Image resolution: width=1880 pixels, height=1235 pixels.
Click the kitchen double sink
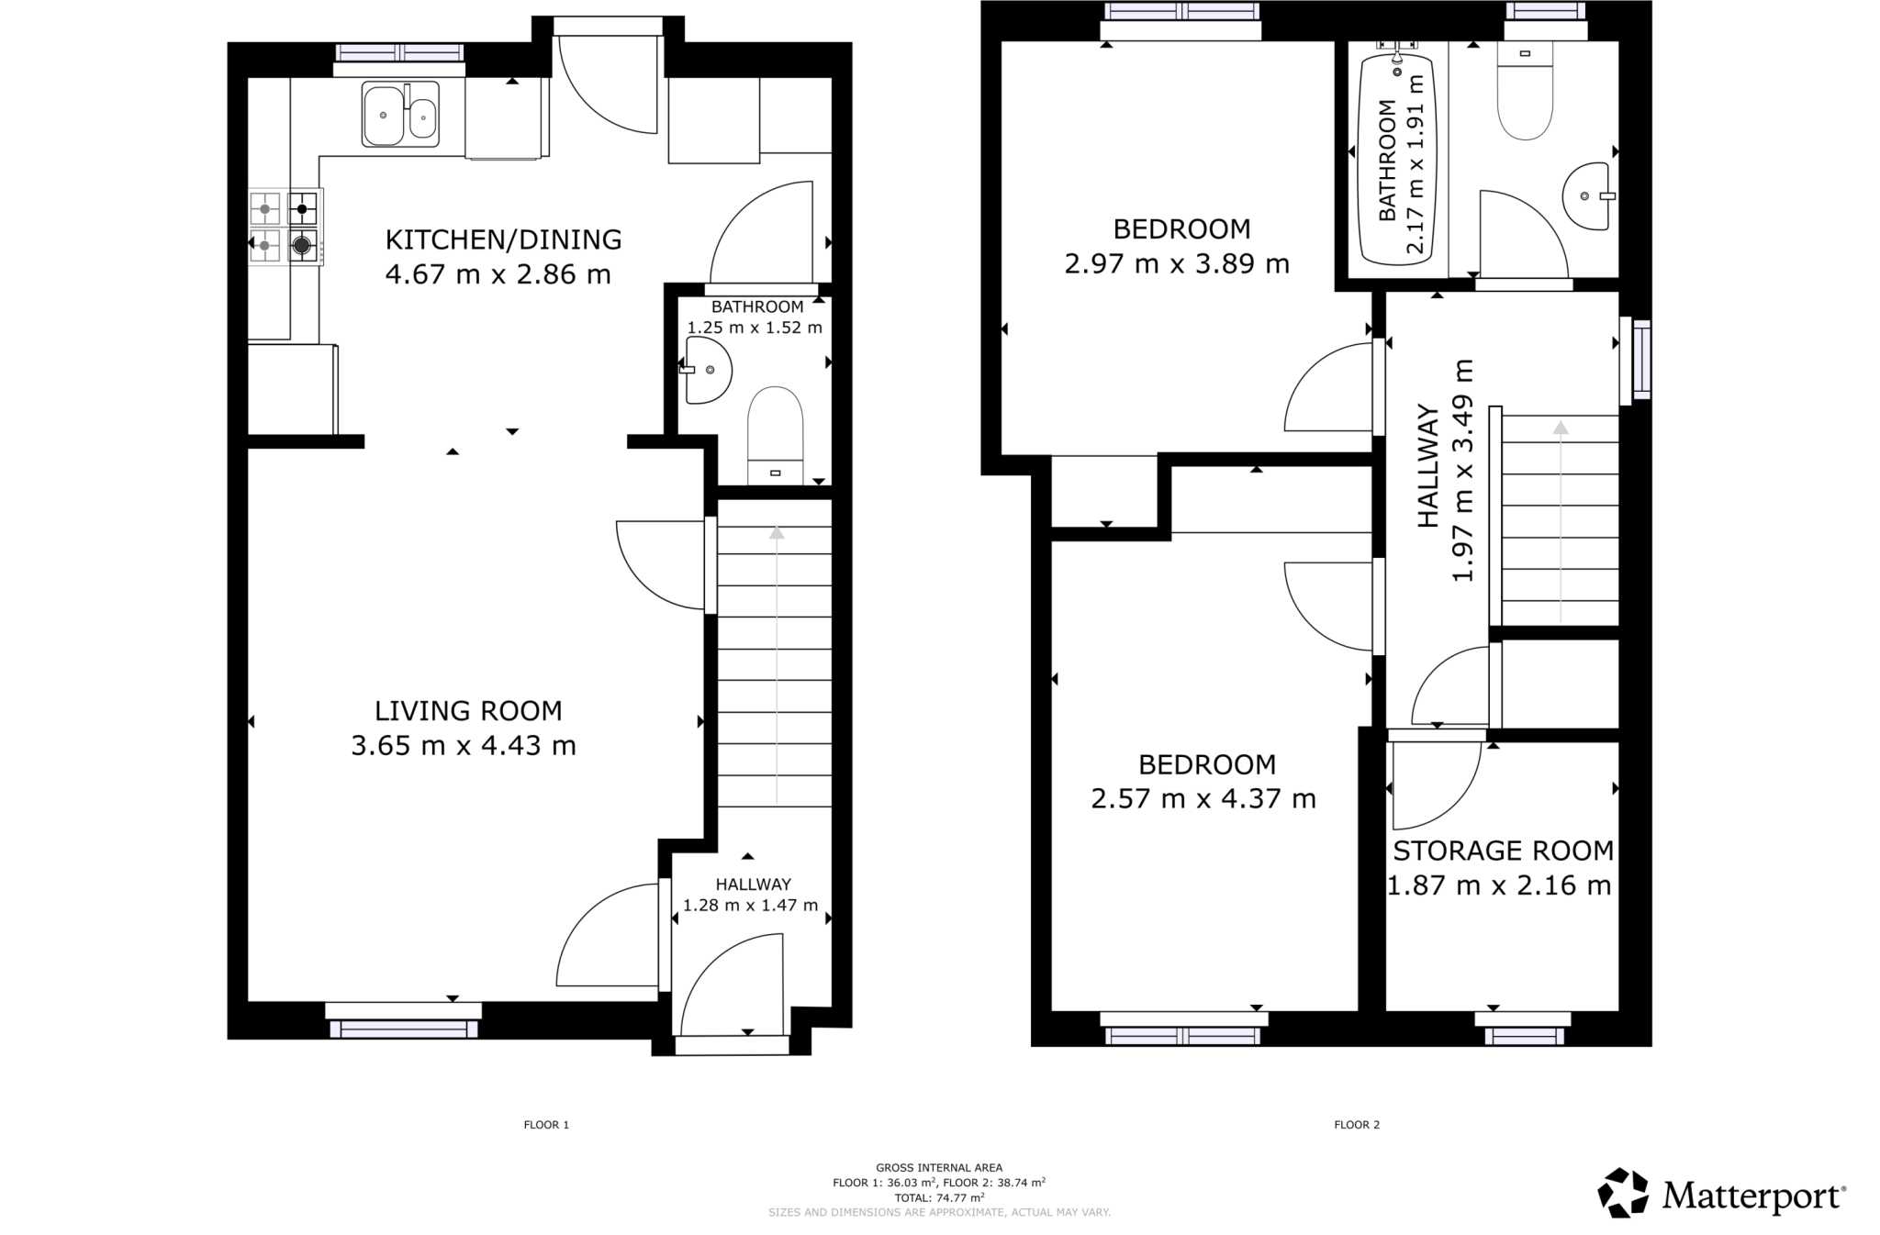point(400,115)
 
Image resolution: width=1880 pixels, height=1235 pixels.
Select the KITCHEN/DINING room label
point(503,239)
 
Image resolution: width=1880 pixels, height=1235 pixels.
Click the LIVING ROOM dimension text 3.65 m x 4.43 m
point(463,746)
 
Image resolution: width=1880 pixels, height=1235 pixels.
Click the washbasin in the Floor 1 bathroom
point(707,370)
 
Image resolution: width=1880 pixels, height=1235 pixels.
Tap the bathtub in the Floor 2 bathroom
point(1396,160)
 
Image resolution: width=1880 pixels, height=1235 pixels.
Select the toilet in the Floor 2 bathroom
point(1525,92)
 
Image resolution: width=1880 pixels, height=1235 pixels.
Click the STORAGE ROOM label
point(1503,851)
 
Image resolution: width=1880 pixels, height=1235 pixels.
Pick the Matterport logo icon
point(1623,1192)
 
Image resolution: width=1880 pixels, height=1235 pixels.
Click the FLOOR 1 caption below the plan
point(546,1124)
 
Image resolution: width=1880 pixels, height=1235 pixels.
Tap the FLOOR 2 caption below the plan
point(1357,1124)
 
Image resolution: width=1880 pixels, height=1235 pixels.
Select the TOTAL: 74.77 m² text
point(939,1197)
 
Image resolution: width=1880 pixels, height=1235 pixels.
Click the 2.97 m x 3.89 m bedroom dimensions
point(1177,264)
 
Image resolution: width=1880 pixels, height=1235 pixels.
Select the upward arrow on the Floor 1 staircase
point(777,533)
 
